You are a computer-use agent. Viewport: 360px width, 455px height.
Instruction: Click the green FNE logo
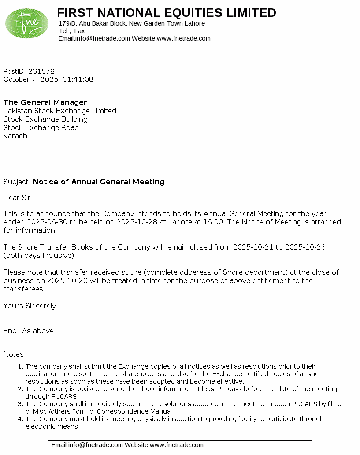pyautogui.click(x=27, y=23)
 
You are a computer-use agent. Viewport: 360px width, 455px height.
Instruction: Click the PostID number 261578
pyautogui.click(x=41, y=71)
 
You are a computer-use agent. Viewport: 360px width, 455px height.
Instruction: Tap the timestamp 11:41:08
pyautogui.click(x=78, y=79)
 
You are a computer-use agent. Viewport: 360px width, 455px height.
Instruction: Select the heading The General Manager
pyautogui.click(x=45, y=102)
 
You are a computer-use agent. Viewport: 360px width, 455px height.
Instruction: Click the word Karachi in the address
pyautogui.click(x=16, y=136)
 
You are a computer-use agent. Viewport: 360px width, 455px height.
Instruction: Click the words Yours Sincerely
pyautogui.click(x=30, y=306)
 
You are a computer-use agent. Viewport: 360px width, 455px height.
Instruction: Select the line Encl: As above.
pyautogui.click(x=30, y=331)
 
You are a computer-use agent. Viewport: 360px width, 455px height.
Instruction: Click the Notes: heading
pyautogui.click(x=15, y=354)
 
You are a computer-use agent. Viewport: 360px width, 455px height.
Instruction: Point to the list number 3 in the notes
pyautogui.click(x=20, y=404)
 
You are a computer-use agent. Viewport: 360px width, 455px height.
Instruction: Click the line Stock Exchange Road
pyautogui.click(x=41, y=127)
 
